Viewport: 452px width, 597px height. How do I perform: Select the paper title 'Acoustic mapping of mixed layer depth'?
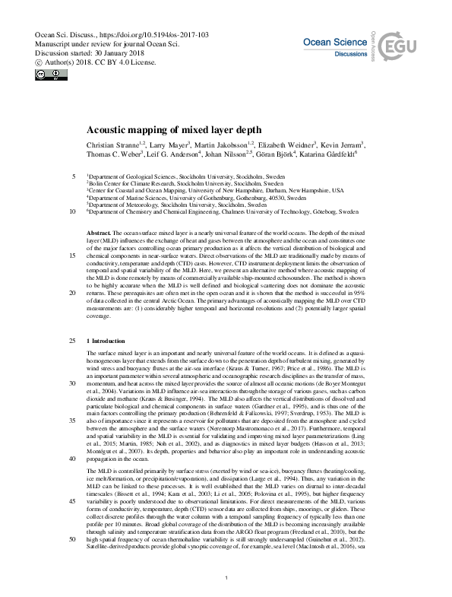point(174,130)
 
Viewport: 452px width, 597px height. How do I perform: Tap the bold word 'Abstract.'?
point(100,230)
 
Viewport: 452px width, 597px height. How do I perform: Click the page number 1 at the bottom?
point(226,579)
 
